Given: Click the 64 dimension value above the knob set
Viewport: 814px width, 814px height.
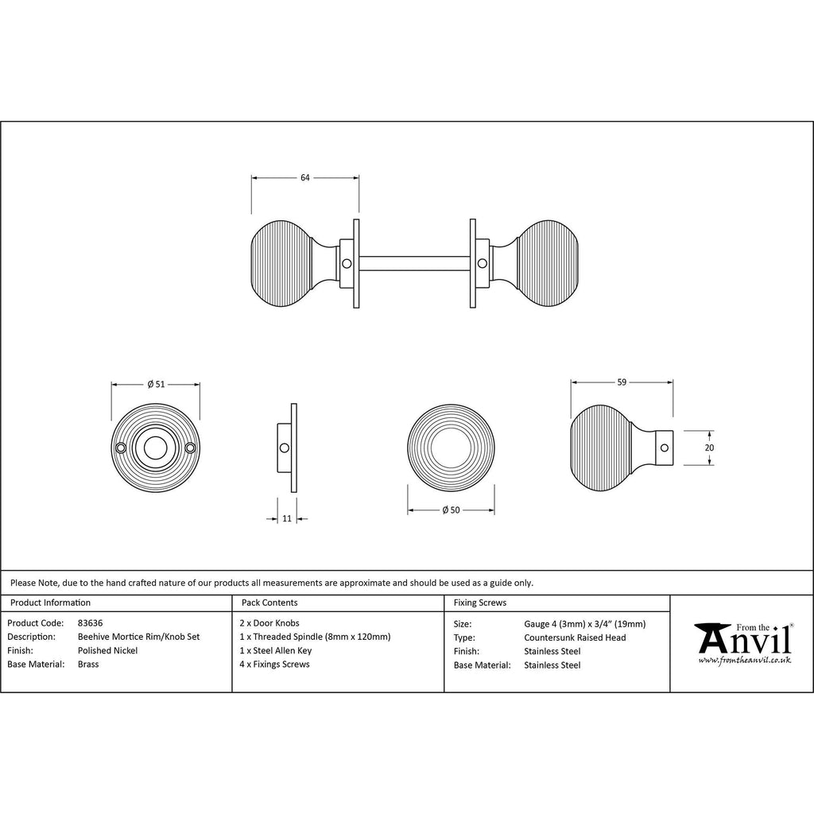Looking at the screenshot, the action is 304,177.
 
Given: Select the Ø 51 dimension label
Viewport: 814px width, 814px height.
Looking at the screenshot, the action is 156,384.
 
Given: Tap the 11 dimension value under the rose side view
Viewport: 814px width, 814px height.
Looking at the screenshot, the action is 287,518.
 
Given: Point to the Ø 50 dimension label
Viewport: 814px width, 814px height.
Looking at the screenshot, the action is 452,510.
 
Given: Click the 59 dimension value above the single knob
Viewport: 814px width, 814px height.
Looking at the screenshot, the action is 622,382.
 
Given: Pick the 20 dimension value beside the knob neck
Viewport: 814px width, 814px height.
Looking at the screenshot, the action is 710,448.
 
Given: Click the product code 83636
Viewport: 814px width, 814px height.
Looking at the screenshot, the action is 91,623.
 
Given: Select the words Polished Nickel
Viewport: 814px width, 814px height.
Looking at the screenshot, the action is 107,650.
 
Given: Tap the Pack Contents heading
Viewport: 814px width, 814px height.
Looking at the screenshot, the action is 269,603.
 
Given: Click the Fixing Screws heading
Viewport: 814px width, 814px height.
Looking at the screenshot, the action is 479,603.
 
